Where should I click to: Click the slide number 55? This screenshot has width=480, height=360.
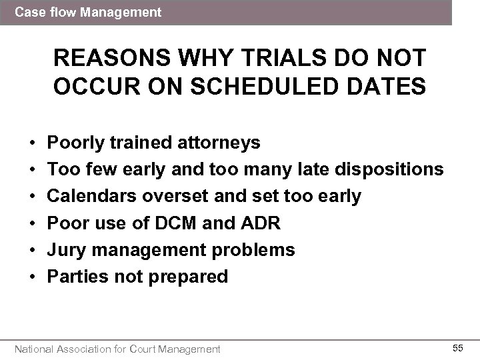(x=458, y=348)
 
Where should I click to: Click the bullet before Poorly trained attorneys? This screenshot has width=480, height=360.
(x=32, y=143)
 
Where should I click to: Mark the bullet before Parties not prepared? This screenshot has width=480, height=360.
(x=32, y=276)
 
